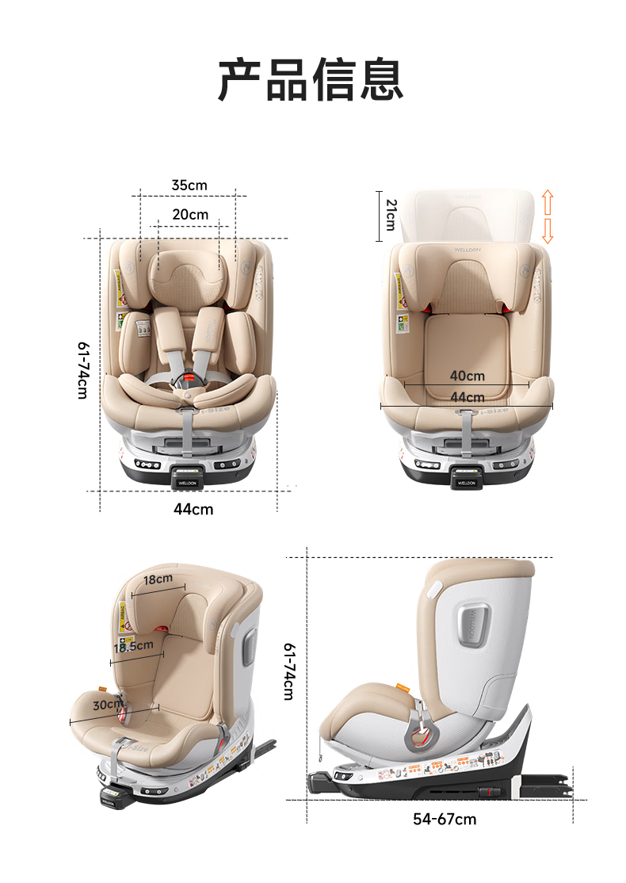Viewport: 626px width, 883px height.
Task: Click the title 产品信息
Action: point(311,80)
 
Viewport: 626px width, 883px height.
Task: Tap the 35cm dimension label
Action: point(189,185)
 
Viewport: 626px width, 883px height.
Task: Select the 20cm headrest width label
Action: point(190,215)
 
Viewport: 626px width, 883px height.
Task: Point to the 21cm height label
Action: point(390,215)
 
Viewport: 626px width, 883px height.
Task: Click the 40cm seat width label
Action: point(467,376)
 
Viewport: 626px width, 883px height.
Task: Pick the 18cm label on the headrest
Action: point(158,579)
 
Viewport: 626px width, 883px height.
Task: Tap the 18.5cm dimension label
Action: point(133,646)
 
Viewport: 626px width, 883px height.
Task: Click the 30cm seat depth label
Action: point(108,705)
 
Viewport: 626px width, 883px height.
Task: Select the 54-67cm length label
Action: point(445,819)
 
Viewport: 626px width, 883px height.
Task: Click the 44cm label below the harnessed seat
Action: point(193,509)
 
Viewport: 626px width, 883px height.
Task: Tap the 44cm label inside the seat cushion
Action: point(467,397)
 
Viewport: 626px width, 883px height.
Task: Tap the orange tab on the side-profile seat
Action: point(403,688)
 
